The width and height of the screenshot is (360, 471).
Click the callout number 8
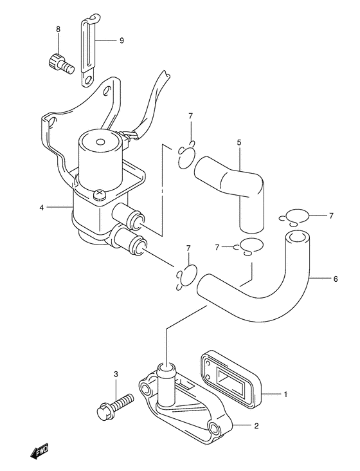(58, 29)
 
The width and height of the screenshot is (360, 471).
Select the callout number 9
(122, 41)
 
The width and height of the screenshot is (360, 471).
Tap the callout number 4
(42, 207)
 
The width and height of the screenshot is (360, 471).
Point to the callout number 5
(239, 142)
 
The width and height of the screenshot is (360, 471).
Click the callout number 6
(336, 279)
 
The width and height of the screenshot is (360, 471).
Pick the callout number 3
(116, 374)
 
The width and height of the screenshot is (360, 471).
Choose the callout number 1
(285, 394)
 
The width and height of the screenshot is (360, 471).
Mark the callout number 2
(256, 426)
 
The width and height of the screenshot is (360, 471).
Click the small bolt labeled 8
(60, 62)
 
